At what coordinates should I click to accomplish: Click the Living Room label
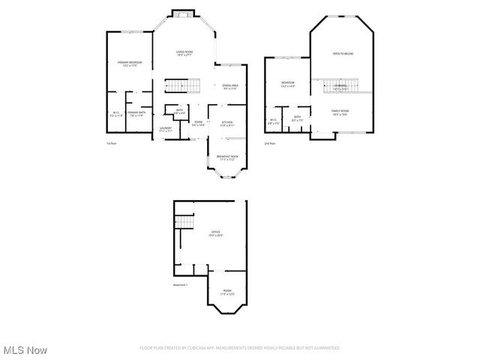click(184, 52)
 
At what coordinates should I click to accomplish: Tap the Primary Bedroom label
click(130, 64)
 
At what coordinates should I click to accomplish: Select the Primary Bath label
click(136, 114)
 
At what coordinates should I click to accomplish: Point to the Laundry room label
click(166, 129)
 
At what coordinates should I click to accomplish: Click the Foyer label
click(199, 123)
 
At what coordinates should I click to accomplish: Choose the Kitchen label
click(226, 123)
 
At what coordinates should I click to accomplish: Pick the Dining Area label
click(230, 87)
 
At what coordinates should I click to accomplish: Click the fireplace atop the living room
click(183, 12)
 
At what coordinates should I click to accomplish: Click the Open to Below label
click(343, 54)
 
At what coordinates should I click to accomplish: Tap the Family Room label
click(341, 112)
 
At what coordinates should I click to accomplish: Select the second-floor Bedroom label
click(287, 84)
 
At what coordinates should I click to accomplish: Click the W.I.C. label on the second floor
click(274, 121)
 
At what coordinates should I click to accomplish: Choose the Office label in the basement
click(215, 233)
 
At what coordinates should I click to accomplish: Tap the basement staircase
click(184, 222)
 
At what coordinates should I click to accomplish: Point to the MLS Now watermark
click(25, 350)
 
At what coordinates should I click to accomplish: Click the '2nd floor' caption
click(269, 143)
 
